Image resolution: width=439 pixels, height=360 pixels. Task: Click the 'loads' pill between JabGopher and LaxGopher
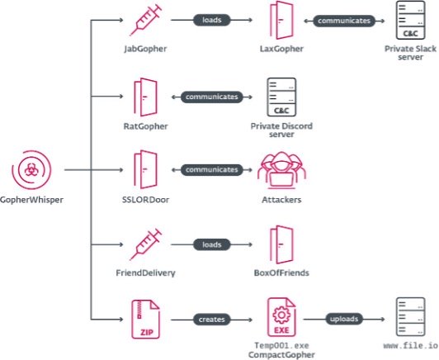tap(211, 20)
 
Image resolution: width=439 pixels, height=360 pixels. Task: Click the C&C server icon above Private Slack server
tap(412, 22)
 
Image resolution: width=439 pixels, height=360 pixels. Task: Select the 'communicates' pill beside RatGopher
tap(211, 97)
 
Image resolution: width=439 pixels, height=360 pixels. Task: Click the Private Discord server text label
tap(282, 130)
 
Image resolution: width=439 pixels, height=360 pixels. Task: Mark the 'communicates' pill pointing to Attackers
tap(211, 170)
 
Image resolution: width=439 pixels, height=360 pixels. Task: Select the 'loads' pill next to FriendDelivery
tap(211, 244)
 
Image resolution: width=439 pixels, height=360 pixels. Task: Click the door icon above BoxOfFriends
tap(282, 244)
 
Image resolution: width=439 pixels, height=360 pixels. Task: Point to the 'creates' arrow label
tap(211, 318)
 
